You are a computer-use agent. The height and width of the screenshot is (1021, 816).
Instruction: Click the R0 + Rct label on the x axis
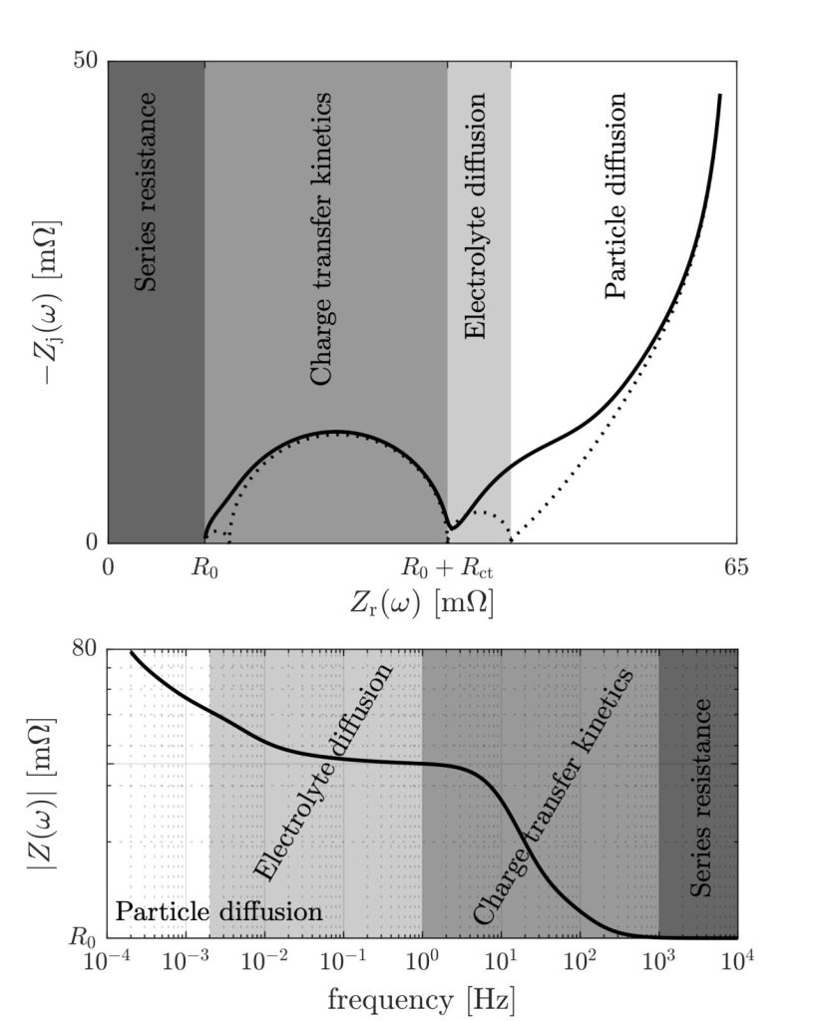click(x=448, y=569)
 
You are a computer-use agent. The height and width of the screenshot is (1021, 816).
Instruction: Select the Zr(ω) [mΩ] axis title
click(x=422, y=604)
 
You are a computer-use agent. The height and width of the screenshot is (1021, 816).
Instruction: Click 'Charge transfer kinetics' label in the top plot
click(x=321, y=239)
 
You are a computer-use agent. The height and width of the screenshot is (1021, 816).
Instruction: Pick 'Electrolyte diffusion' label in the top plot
click(x=477, y=216)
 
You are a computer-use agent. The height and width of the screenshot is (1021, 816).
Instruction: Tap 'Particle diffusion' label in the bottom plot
click(x=218, y=911)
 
